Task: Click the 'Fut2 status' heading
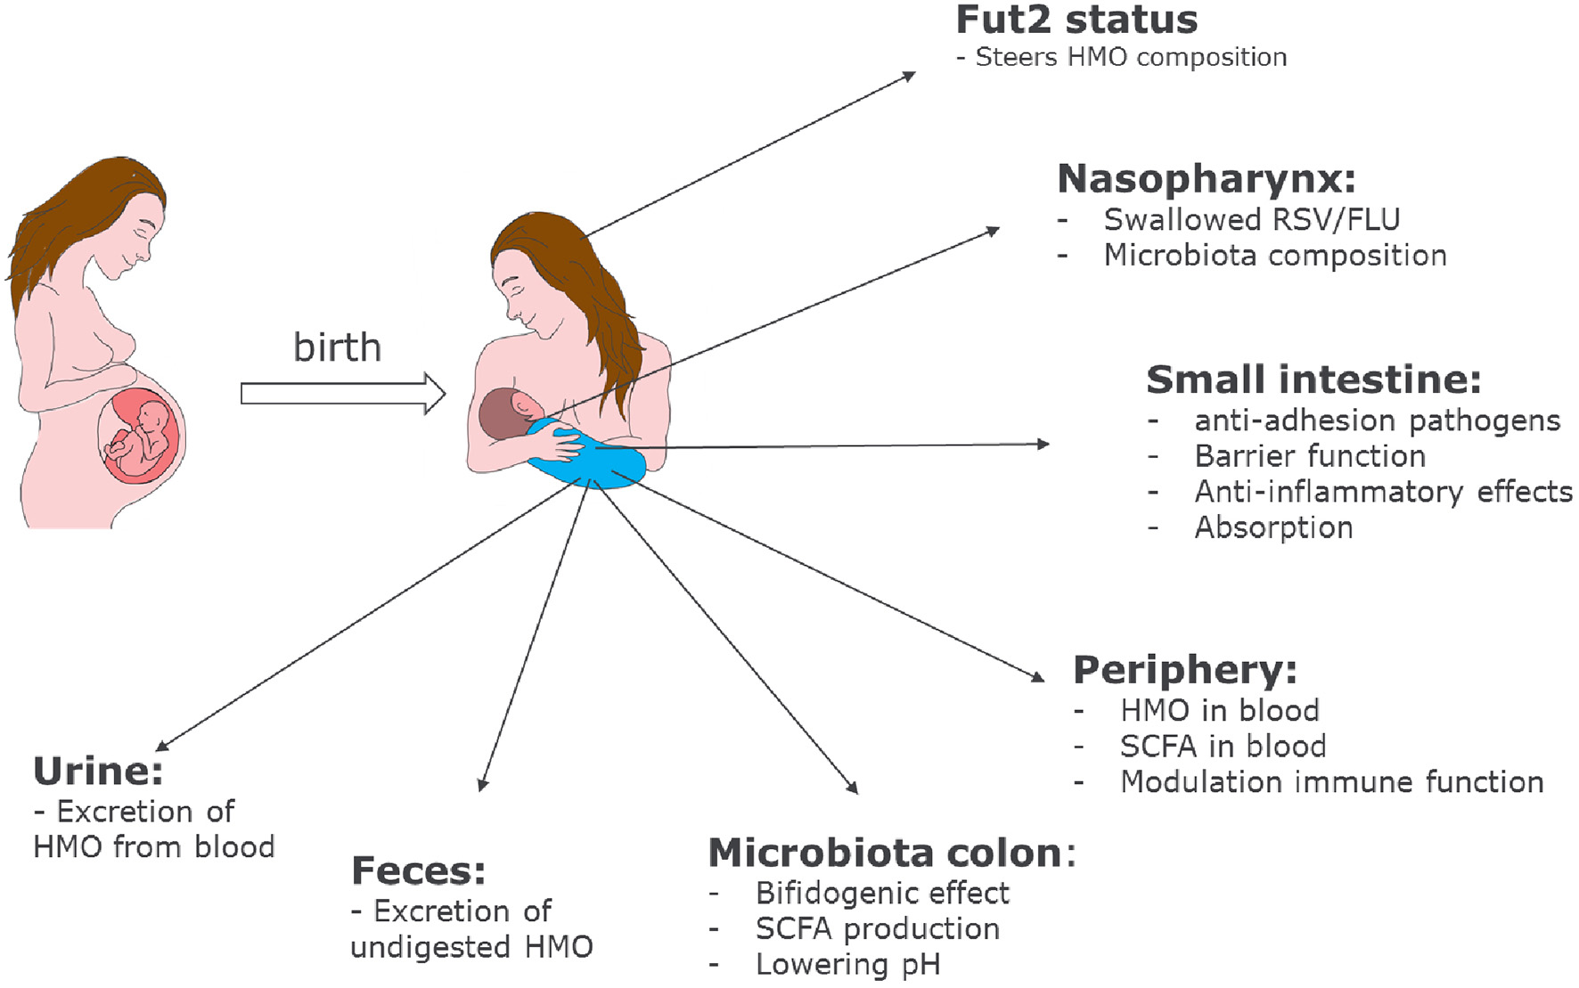[1076, 20]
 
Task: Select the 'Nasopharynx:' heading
[1206, 179]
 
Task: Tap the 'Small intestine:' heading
[1313, 380]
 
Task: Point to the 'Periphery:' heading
[1184, 670]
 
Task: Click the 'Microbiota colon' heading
[885, 853]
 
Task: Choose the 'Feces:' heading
[418, 871]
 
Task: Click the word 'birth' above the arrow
[337, 347]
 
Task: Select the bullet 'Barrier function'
[1310, 456]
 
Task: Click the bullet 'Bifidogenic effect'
[882, 893]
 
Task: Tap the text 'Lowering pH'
[847, 965]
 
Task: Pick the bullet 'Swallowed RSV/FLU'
[1251, 219]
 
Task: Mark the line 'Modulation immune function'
[1331, 782]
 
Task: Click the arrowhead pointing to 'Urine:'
[162, 746]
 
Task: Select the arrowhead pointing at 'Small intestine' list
[1043, 444]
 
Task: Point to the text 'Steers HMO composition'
[1130, 58]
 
